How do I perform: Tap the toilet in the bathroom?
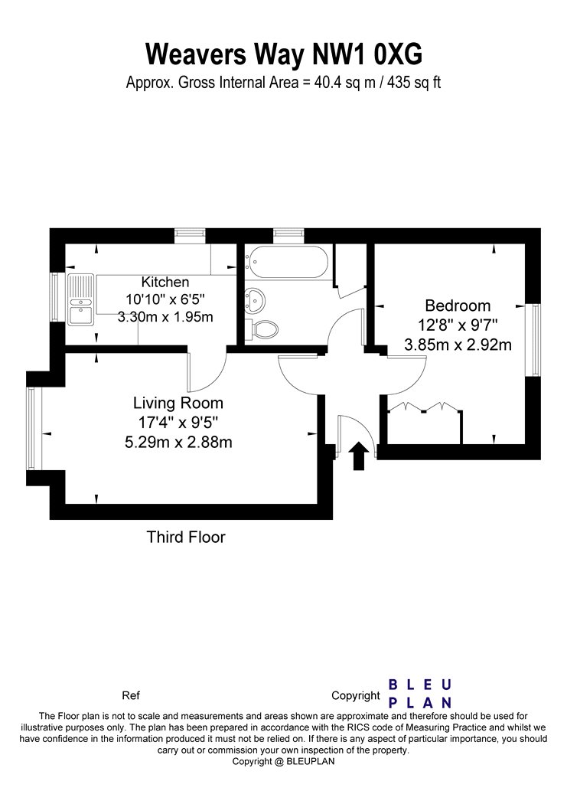[x=262, y=328]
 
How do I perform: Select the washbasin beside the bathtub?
[x=254, y=299]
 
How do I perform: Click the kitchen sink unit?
[x=81, y=299]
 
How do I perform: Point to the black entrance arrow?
[x=359, y=456]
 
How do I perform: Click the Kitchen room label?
[x=165, y=282]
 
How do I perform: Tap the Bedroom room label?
[x=458, y=306]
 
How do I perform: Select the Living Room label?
[x=178, y=403]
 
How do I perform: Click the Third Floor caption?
[x=186, y=537]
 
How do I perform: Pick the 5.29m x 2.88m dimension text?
[x=178, y=442]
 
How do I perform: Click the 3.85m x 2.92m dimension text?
[x=458, y=345]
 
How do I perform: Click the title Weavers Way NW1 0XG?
[x=284, y=54]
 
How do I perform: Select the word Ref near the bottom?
[x=131, y=696]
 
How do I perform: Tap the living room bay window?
[x=31, y=429]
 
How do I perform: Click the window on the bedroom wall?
[x=536, y=340]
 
